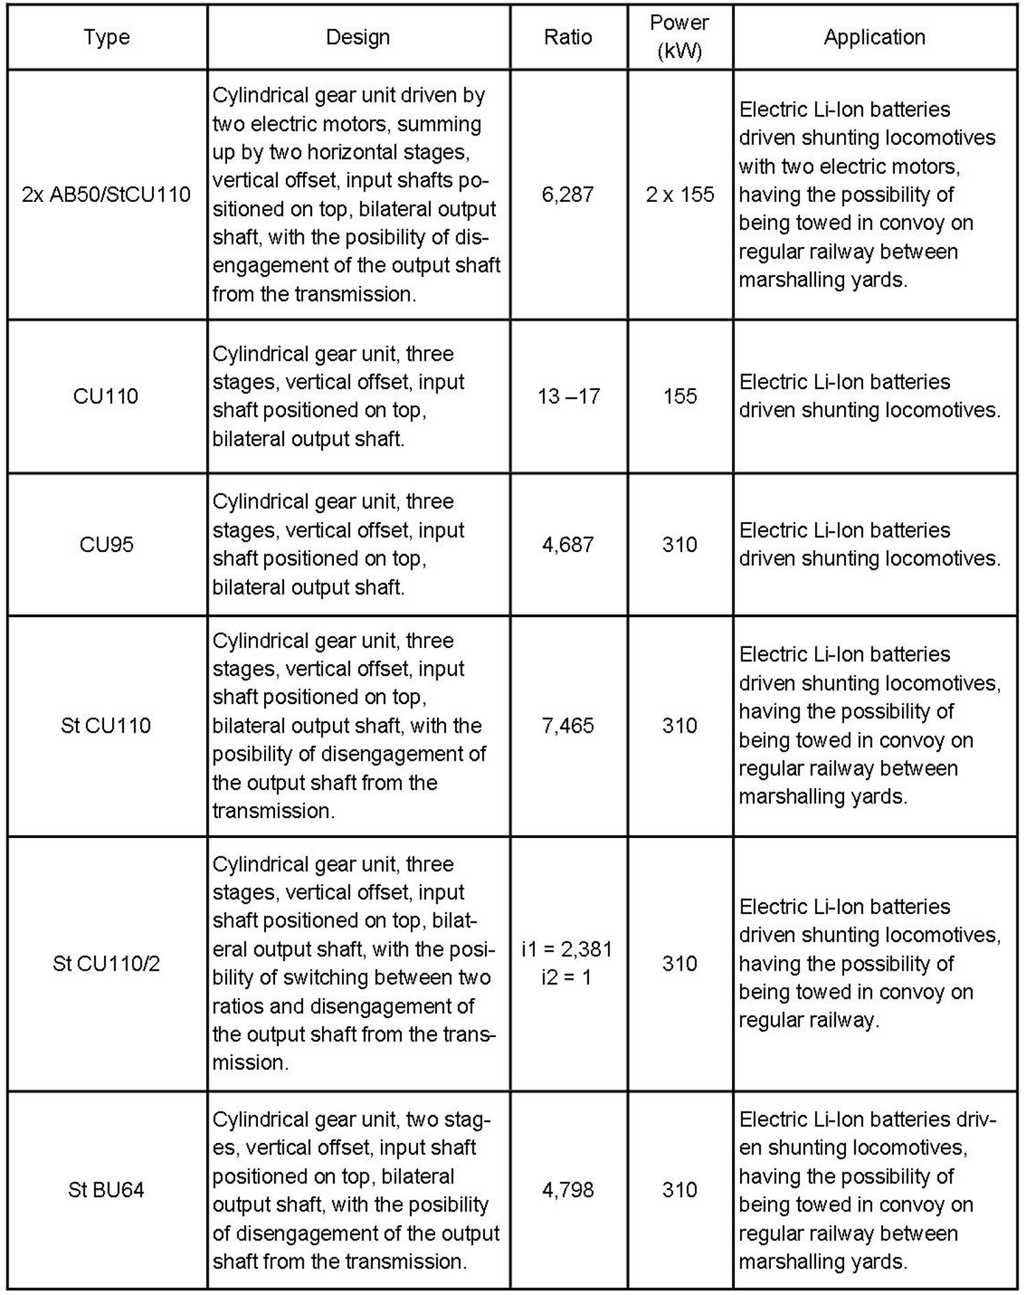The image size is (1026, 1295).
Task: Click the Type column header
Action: click(107, 37)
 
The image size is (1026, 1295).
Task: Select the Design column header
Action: click(358, 37)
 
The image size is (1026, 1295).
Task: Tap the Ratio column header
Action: click(568, 37)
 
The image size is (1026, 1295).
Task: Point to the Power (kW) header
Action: click(679, 37)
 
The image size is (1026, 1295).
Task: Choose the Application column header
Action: click(874, 37)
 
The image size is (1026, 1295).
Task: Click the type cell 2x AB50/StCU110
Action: click(107, 195)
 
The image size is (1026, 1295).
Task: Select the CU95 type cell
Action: click(107, 545)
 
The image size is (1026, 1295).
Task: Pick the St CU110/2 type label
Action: click(107, 964)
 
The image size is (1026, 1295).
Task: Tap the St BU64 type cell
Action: click(107, 1190)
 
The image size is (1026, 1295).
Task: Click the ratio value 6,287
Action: click(568, 195)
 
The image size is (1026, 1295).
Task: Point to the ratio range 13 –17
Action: click(568, 396)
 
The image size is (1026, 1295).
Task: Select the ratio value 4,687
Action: click(568, 545)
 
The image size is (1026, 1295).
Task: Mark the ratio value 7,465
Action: click(568, 725)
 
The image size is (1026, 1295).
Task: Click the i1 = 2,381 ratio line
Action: click(567, 950)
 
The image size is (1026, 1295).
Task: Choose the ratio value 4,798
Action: click(568, 1190)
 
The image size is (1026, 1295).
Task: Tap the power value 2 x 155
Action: click(680, 195)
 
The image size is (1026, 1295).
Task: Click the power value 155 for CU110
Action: click(680, 396)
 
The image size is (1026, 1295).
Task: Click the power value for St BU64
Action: click(680, 1190)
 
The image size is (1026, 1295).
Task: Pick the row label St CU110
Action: click(107, 725)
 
